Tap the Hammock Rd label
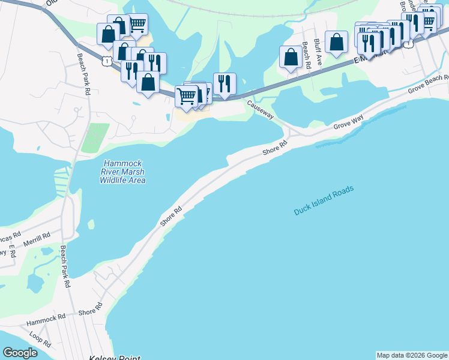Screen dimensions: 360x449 [x=46, y=320]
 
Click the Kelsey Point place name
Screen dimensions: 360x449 [x=114, y=358]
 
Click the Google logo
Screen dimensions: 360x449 [x=20, y=353]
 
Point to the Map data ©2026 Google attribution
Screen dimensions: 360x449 [x=412, y=355]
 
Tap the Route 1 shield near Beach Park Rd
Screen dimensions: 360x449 [x=106, y=60]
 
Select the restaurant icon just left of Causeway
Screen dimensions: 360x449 [x=224, y=83]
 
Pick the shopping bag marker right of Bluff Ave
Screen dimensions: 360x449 [x=336, y=41]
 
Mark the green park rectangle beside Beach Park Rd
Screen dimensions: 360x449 [x=95, y=137]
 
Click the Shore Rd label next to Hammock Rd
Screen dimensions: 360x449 [x=90, y=310]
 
